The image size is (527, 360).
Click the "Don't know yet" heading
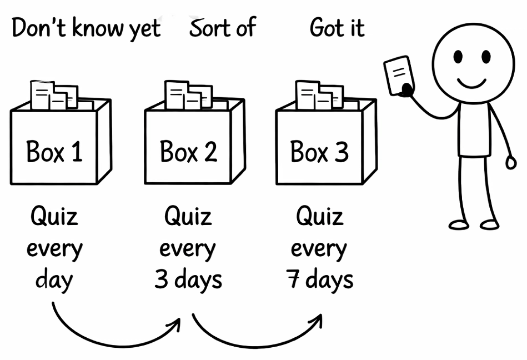(x=86, y=28)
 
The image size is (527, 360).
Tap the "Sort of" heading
(x=222, y=28)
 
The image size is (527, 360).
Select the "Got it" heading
(x=337, y=28)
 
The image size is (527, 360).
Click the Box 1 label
(x=54, y=151)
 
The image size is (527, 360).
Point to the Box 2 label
(x=188, y=151)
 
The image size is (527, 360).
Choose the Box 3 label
(x=320, y=151)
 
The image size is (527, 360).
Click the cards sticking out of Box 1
(x=54, y=96)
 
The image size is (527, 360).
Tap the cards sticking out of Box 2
(x=188, y=96)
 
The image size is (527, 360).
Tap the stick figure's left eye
(x=458, y=57)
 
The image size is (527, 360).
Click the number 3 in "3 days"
(x=161, y=279)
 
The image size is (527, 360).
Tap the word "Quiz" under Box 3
(x=320, y=217)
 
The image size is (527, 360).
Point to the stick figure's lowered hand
(x=511, y=162)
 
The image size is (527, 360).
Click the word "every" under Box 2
(x=188, y=248)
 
